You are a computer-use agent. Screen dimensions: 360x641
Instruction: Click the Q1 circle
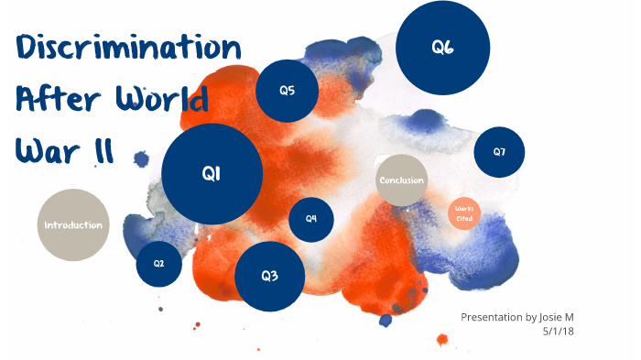tap(212, 174)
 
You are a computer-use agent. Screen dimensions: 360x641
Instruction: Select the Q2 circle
tap(158, 264)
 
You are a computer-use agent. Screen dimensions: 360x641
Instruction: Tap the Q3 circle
tap(269, 276)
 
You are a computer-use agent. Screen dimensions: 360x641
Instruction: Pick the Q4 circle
tap(311, 219)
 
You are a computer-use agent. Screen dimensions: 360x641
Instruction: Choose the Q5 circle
tap(287, 91)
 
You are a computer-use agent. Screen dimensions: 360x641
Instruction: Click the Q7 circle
tap(499, 152)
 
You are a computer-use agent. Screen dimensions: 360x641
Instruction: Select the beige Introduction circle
tap(73, 225)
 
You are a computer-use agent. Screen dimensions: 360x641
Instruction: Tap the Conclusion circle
tap(402, 180)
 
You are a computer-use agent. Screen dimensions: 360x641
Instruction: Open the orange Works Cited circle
tap(464, 214)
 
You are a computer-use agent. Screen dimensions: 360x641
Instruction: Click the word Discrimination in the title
tap(128, 48)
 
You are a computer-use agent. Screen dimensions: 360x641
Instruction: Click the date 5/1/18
tap(559, 332)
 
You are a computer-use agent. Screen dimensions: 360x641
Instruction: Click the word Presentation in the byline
tap(492, 317)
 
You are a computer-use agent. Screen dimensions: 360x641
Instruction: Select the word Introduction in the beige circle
tap(73, 225)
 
